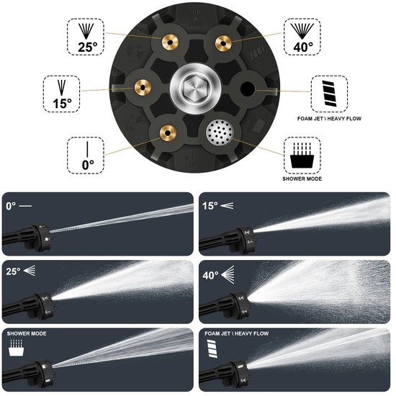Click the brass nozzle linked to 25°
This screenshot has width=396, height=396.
[170, 42]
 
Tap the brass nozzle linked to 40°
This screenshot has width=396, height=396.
[223, 43]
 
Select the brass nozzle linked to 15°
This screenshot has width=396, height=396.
[143, 88]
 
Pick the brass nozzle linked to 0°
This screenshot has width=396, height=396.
[168, 133]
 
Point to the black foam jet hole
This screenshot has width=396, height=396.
[248, 89]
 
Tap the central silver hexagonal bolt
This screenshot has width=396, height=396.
[195, 88]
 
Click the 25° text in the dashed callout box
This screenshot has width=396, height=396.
[88, 48]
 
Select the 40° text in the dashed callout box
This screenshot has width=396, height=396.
[303, 48]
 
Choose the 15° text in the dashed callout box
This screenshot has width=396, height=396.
[63, 104]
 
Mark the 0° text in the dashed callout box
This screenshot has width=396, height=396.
[88, 165]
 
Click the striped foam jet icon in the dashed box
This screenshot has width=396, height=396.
[330, 94]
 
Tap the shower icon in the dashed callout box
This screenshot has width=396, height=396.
[302, 156]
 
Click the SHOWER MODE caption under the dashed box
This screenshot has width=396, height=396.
[302, 179]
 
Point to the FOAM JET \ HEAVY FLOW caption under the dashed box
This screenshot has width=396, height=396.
[329, 119]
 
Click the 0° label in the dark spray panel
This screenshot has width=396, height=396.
[11, 206]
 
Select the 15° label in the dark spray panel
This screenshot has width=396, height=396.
[210, 206]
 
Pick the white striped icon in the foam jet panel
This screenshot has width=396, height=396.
[212, 348]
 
